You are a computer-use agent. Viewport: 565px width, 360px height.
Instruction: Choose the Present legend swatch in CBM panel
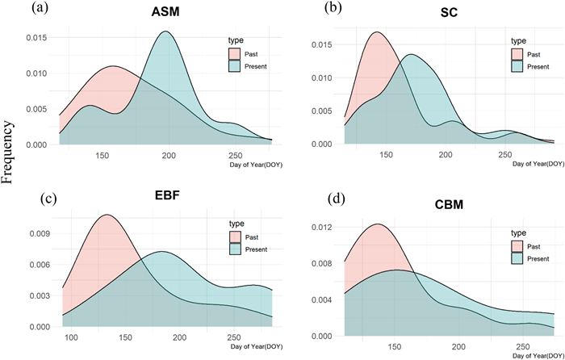click(517, 258)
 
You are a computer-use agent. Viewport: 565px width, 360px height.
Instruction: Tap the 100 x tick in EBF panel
click(70, 337)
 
